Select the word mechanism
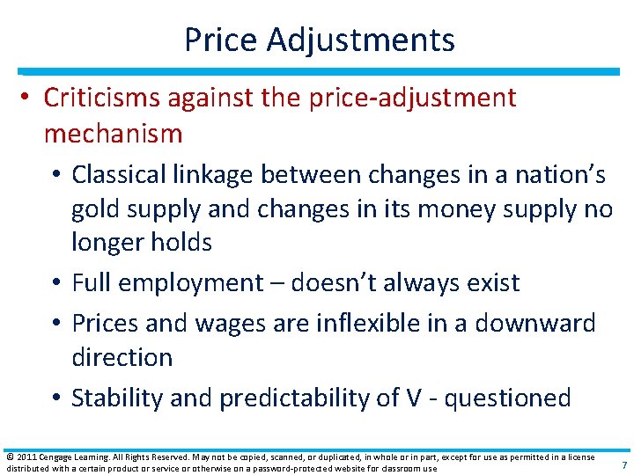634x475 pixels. [x=113, y=134]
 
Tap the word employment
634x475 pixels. [x=188, y=283]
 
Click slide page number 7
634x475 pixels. [x=624, y=464]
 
